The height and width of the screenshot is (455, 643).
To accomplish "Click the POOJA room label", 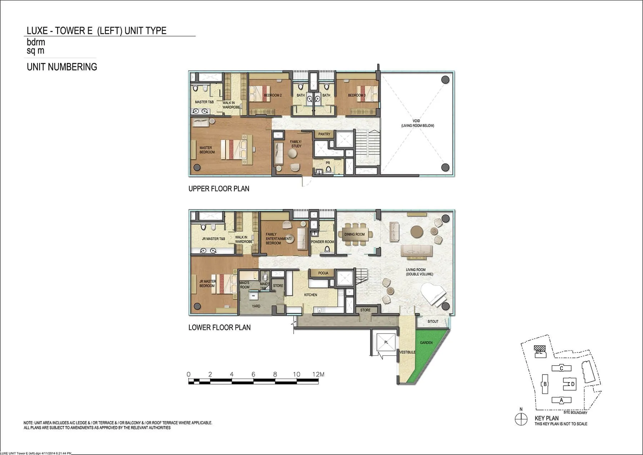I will pyautogui.click(x=323, y=273).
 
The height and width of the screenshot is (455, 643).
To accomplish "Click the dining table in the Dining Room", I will pyautogui.click(x=354, y=234).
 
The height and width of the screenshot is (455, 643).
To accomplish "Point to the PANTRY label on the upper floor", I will pyautogui.click(x=324, y=134).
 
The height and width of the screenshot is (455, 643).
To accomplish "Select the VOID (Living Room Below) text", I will pyautogui.click(x=417, y=123).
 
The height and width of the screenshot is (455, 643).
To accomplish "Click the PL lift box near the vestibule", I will pyautogui.click(x=386, y=342).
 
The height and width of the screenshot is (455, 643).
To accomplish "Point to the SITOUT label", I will pyautogui.click(x=433, y=321).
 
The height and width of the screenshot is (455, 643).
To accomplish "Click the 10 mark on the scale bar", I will pyautogui.click(x=296, y=374).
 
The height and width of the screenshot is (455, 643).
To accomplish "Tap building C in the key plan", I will pyautogui.click(x=562, y=368).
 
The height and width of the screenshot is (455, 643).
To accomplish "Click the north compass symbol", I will pyautogui.click(x=521, y=419).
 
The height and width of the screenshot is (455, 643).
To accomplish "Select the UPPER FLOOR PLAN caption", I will pyautogui.click(x=219, y=189).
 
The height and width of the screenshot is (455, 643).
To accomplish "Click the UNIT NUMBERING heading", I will pyautogui.click(x=62, y=67).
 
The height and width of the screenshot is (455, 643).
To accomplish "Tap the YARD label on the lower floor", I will pyautogui.click(x=256, y=306).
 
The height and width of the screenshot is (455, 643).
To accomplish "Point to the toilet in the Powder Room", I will pyautogui.click(x=327, y=249).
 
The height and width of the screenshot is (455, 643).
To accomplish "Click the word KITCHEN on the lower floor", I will pyautogui.click(x=310, y=295).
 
